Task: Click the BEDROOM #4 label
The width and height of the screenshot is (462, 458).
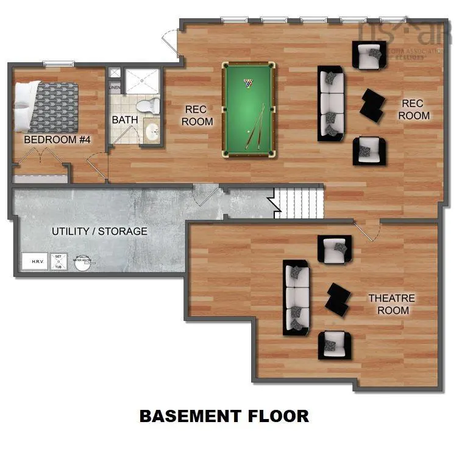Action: click(57, 140)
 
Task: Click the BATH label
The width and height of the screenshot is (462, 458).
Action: click(124, 120)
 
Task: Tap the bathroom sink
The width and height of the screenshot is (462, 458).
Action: click(152, 130)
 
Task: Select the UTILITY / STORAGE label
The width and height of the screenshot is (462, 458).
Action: click(99, 231)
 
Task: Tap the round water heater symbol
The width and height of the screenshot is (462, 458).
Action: click(82, 262)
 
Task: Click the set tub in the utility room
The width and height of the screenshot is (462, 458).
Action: click(59, 262)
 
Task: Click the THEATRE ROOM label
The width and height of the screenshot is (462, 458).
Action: click(392, 305)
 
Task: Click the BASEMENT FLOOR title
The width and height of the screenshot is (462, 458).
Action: click(224, 417)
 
